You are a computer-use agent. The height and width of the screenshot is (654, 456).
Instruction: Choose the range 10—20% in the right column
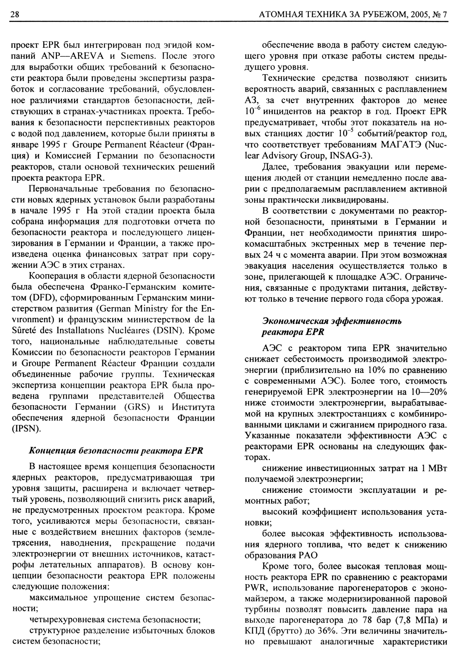pyautogui.click(x=428, y=392)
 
